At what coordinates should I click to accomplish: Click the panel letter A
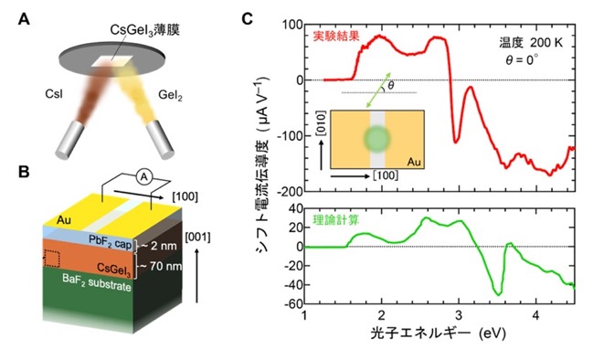25,19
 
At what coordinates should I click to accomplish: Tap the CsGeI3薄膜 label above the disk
145,30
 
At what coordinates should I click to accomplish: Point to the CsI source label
54,93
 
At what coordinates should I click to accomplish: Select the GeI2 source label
170,94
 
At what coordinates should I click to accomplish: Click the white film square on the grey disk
112,61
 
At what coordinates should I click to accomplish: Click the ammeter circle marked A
143,176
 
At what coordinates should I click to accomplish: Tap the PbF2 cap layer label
110,241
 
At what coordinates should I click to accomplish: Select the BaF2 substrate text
97,283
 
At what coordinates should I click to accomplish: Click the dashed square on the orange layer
51,259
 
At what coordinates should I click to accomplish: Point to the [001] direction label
197,237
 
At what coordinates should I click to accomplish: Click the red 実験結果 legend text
336,37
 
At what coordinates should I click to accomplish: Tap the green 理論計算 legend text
336,220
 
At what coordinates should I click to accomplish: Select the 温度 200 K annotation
531,43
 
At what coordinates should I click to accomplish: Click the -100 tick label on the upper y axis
290,136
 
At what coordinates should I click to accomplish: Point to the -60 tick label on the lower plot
293,303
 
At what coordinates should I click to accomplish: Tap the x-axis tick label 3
459,315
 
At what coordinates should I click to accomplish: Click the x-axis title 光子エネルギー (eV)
438,334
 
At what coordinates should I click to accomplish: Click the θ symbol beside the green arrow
391,85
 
